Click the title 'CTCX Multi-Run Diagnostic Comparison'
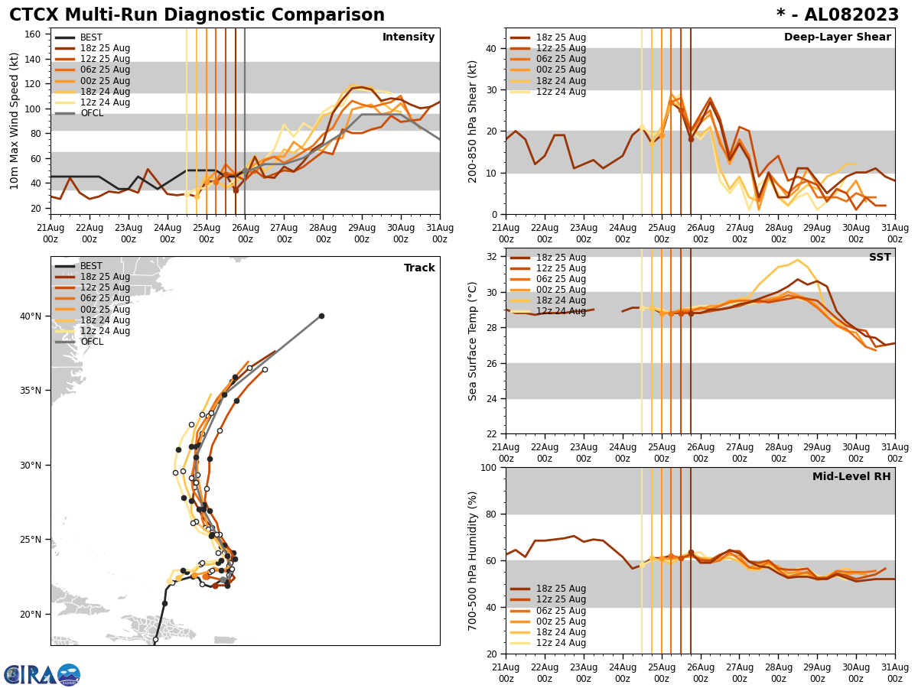pos(197,15)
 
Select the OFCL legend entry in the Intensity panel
pos(92,113)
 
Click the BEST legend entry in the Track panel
pos(91,266)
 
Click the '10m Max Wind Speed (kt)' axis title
pos(15,120)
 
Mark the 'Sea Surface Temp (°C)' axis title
pos(473,341)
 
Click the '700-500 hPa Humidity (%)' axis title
pos(473,561)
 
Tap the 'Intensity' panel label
pos(409,37)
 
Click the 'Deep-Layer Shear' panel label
pos(837,37)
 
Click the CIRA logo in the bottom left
pos(42,675)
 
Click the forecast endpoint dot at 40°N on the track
pos(321,316)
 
